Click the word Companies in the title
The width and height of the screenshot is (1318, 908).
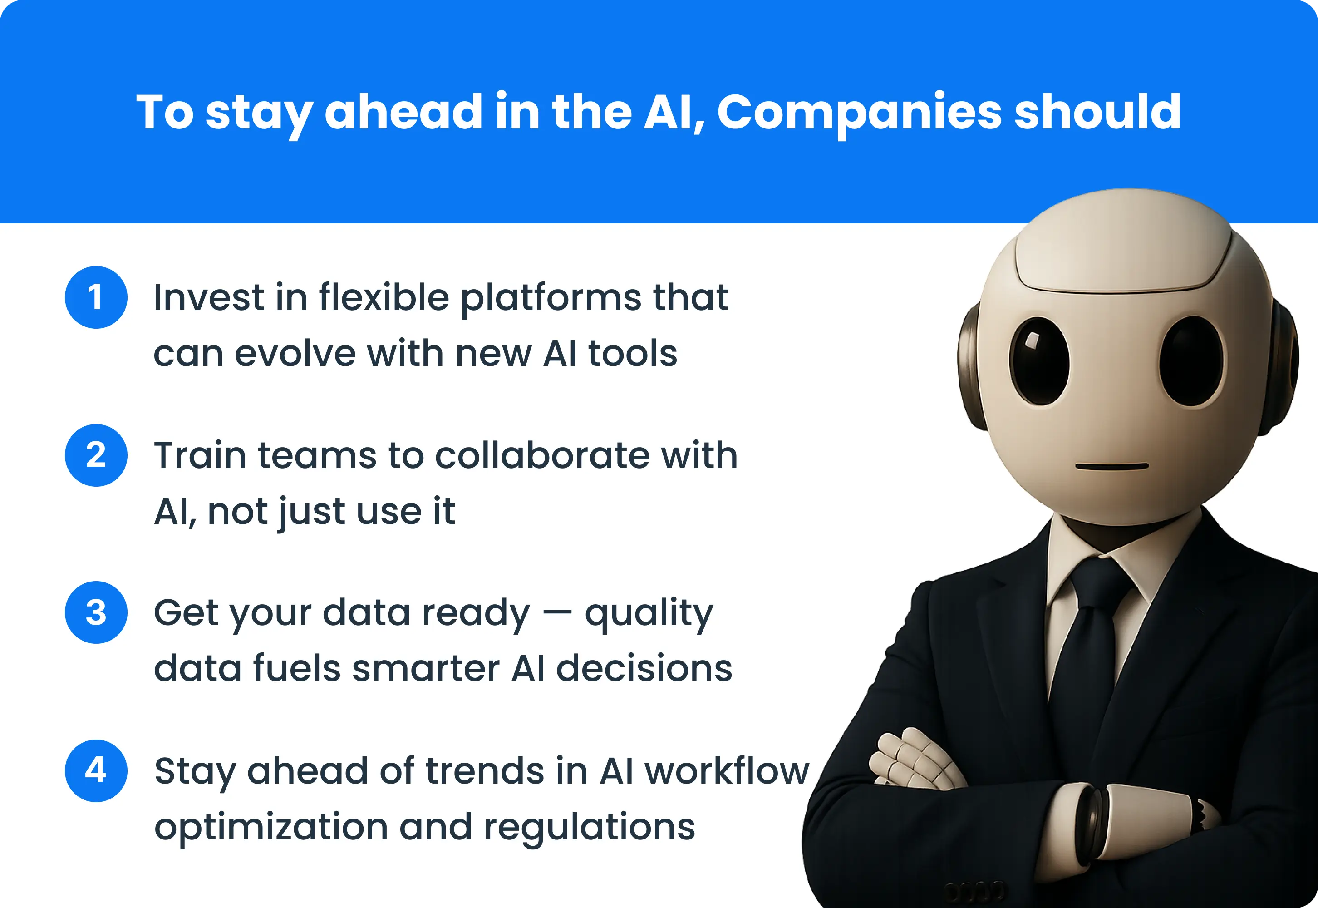click(x=859, y=112)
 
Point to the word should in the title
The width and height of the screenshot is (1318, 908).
click(x=1098, y=112)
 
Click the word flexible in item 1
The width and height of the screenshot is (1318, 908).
click(x=384, y=297)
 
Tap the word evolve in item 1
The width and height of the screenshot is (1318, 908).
click(x=295, y=353)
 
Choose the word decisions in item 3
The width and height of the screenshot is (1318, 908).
click(x=644, y=668)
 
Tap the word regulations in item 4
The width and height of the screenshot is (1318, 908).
click(x=589, y=827)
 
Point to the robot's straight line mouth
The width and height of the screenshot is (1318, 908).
click(x=1111, y=466)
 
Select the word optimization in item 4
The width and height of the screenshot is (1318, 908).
click(x=271, y=827)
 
